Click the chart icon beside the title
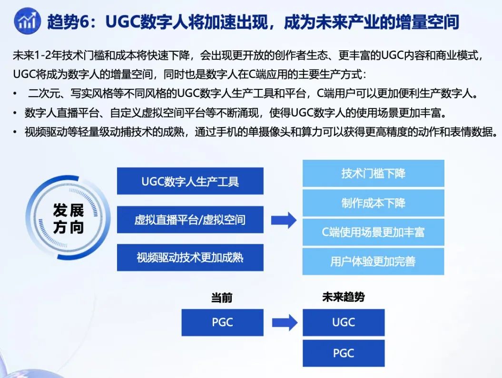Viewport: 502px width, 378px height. (x=27, y=21)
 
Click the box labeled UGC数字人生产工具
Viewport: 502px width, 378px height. (x=190, y=181)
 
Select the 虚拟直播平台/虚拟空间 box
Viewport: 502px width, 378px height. (x=190, y=220)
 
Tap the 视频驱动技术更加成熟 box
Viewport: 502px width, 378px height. (x=190, y=257)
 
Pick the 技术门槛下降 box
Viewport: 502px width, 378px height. (x=374, y=174)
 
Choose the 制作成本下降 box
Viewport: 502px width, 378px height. (x=374, y=203)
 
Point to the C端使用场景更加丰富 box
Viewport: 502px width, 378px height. (x=374, y=232)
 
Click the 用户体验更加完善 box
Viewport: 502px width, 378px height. (x=374, y=262)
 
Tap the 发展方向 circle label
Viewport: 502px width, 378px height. (x=69, y=219)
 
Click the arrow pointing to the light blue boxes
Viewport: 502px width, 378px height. (x=284, y=220)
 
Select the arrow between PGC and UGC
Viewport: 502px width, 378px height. (x=285, y=322)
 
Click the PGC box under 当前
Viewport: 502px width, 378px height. (x=223, y=322)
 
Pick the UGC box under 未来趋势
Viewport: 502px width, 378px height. (x=344, y=322)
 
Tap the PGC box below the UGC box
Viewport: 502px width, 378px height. (x=344, y=353)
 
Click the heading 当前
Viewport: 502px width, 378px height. (x=222, y=298)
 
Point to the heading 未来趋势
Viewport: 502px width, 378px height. (x=344, y=297)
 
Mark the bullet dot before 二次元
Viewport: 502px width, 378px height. (x=15, y=94)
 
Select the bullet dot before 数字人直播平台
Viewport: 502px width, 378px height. (x=15, y=113)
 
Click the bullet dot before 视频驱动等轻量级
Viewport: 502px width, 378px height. (x=15, y=132)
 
